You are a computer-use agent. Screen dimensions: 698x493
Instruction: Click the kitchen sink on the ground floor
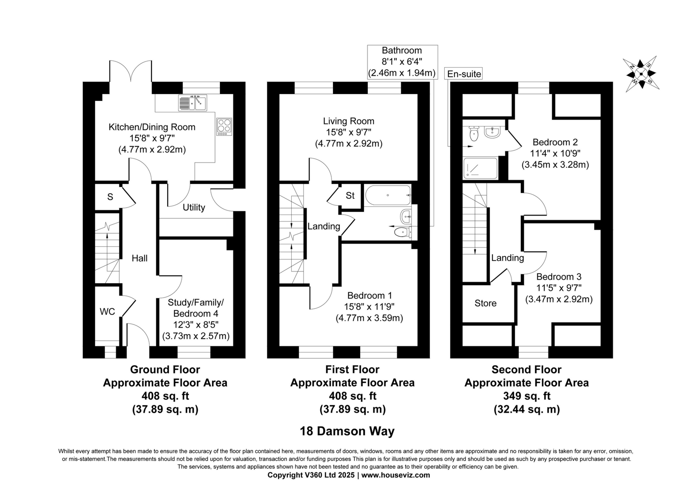[193, 103]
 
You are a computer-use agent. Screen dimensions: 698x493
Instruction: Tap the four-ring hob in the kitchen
[224, 127]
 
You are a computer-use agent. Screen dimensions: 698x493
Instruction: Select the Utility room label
[194, 207]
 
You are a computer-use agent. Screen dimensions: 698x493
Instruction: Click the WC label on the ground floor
[107, 312]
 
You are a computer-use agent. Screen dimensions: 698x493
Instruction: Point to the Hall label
[140, 258]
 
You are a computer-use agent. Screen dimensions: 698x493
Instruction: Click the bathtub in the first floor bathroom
[388, 195]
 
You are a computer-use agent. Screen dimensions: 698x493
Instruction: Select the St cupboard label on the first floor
[350, 196]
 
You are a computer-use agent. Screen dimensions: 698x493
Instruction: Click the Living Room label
[348, 121]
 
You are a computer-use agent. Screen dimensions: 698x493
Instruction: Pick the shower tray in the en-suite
[480, 168]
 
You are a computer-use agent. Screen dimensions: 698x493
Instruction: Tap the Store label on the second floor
[485, 304]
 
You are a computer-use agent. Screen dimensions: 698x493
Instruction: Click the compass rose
[641, 74]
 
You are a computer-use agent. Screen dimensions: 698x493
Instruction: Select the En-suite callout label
[464, 74]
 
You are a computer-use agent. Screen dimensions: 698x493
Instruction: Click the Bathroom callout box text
[402, 62]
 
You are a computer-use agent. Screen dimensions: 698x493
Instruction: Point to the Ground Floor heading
[165, 370]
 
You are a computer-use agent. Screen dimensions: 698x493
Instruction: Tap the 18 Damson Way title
[347, 431]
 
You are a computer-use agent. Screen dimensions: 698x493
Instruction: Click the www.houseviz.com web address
[396, 475]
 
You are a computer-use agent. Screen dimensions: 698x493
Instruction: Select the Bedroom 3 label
[559, 277]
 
